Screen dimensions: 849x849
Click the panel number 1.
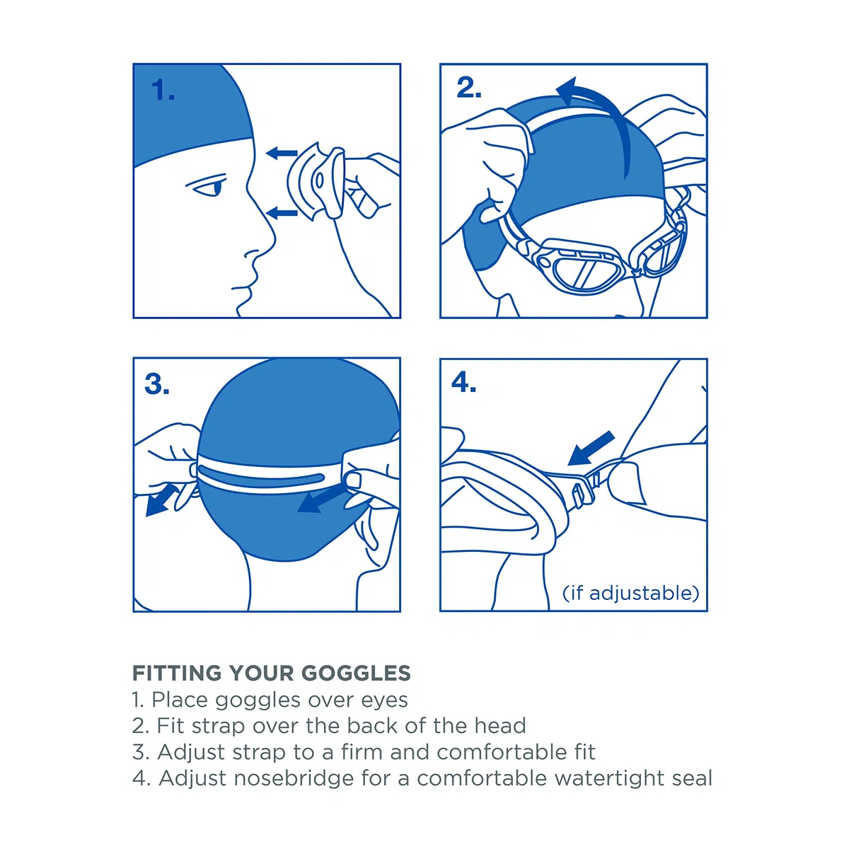pos(163,90)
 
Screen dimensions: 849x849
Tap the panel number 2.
pos(469,88)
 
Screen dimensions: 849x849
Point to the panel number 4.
pos(463,382)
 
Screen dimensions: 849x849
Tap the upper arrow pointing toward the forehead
pos(282,154)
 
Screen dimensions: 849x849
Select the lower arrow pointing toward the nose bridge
pos(282,213)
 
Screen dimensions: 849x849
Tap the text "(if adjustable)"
pos(631,594)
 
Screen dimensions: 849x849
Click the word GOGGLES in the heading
pos(356,674)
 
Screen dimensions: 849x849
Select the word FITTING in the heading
pos(177,674)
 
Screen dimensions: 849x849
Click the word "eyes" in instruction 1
pos(385,700)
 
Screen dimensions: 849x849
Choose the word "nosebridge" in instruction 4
pos(294,778)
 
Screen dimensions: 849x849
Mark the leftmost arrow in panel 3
pos(162,500)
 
